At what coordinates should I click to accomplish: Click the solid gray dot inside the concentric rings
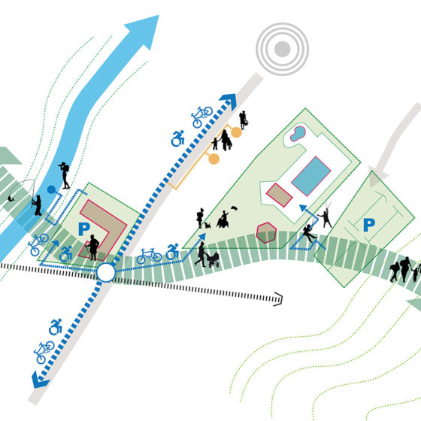(282, 49)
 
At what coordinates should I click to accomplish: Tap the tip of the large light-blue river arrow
(159, 15)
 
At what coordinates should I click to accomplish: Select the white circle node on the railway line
(106, 272)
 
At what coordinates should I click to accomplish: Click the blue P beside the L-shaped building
(84, 229)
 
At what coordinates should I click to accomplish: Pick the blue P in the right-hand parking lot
(369, 225)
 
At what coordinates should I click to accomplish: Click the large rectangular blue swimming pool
(311, 176)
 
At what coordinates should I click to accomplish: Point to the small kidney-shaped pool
(298, 134)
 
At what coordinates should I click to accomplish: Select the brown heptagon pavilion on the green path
(266, 232)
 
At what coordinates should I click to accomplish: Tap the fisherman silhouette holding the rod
(37, 205)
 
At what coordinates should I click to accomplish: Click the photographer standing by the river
(65, 175)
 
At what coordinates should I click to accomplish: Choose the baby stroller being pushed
(213, 260)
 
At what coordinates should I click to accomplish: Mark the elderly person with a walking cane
(93, 247)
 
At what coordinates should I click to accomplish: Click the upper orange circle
(236, 132)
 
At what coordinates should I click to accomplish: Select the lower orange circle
(214, 159)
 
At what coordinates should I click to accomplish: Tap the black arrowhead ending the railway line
(278, 299)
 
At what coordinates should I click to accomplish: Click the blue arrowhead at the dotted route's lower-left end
(39, 380)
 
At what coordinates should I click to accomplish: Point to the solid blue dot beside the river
(51, 189)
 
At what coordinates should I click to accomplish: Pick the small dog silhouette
(207, 225)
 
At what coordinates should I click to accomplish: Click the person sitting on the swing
(309, 232)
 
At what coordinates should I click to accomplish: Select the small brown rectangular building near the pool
(279, 195)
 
